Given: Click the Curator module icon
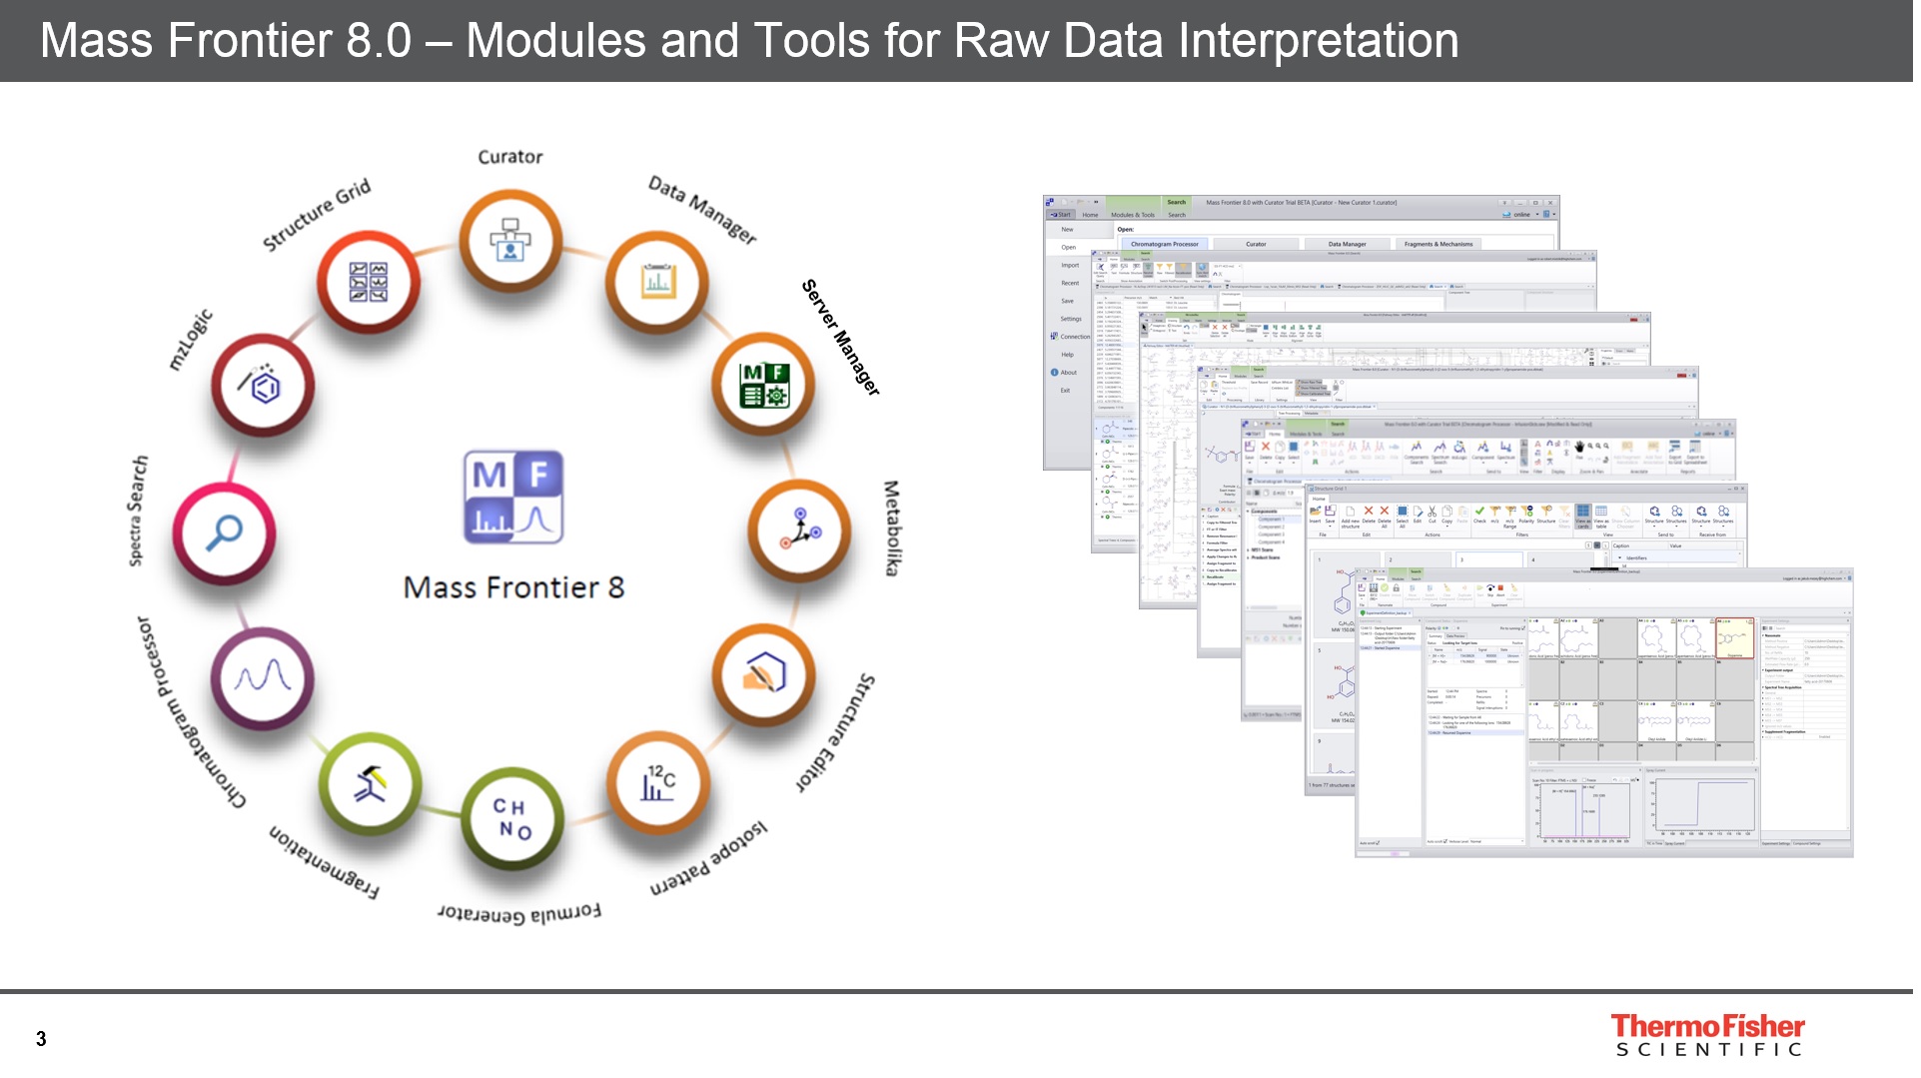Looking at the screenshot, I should coord(510,241).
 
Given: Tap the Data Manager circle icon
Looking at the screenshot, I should coord(656,283).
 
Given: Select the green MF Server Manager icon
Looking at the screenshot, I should coord(764,386).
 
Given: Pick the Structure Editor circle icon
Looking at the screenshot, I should coord(764,675).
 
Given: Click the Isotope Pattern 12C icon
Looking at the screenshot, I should coord(657,782).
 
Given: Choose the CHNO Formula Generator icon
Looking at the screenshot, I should coord(512,818).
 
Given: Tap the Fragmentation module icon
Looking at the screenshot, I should coord(369,783).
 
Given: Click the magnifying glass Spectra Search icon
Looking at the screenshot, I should coord(225,532).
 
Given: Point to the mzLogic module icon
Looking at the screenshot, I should coord(263,386).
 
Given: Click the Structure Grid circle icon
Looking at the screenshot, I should coord(368,282).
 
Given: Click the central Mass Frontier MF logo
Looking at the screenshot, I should coord(513,497).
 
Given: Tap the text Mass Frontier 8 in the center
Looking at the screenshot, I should coord(513,587).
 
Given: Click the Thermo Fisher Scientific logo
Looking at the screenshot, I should coord(1708,1034).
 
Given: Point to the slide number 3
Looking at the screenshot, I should coord(41,1039).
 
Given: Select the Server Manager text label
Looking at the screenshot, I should coord(841,337).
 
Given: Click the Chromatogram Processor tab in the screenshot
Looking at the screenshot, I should coord(1165,244).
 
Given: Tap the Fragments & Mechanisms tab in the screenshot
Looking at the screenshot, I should coord(1438,244).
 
